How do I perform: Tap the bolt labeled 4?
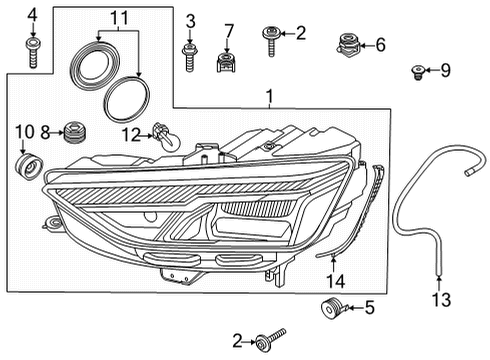point(33,53)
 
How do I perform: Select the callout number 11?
point(119,18)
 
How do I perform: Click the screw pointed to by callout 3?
point(189,57)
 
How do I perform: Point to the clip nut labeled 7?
point(226,62)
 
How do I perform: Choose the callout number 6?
point(380,45)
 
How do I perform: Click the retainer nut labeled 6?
point(348,45)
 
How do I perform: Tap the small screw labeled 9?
point(417,73)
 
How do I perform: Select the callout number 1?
point(269,97)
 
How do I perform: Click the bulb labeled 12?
point(166,135)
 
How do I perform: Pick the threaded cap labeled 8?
point(75,132)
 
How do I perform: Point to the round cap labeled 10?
point(29,166)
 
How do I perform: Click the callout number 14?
point(336,281)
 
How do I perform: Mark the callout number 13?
point(441,299)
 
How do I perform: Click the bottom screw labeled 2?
point(269,339)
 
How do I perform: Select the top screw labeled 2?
point(271,40)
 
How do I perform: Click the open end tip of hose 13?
point(468,172)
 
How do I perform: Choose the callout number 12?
point(131,135)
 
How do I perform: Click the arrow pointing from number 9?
point(430,70)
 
